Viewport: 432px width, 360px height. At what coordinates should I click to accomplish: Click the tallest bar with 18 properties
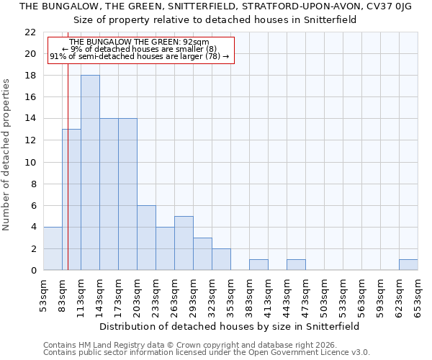coord(90,173)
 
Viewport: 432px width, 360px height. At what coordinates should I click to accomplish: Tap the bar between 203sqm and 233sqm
coord(146,238)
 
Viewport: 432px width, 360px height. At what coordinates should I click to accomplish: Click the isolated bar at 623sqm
coord(408,265)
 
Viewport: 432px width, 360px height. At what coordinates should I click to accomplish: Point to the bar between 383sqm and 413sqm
coord(258,265)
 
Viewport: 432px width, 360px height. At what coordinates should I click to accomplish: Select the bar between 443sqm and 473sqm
coord(296,265)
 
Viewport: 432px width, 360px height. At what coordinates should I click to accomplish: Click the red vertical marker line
coord(68,180)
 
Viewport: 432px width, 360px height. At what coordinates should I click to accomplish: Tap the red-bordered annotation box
coord(140,50)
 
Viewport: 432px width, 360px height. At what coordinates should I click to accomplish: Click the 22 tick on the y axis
coord(30,32)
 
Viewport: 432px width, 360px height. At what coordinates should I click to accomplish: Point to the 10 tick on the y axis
coord(30,162)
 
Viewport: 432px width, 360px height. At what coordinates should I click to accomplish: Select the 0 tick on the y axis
coord(33,271)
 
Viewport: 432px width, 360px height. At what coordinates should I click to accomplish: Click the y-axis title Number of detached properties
coord(7,155)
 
